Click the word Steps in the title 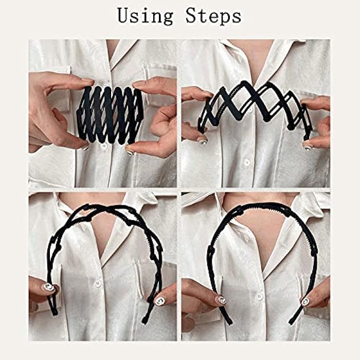[212, 16]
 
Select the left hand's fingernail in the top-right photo [202, 140]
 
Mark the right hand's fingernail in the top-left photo [130, 153]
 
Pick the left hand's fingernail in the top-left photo [85, 148]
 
